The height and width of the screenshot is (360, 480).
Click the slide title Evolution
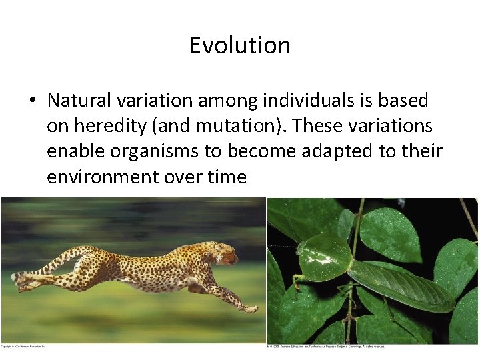point(239,45)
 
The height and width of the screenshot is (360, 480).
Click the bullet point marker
point(32,101)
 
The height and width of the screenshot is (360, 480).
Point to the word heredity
point(109,126)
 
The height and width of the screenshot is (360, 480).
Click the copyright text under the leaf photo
point(327,346)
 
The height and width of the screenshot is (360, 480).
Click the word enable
point(75,152)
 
